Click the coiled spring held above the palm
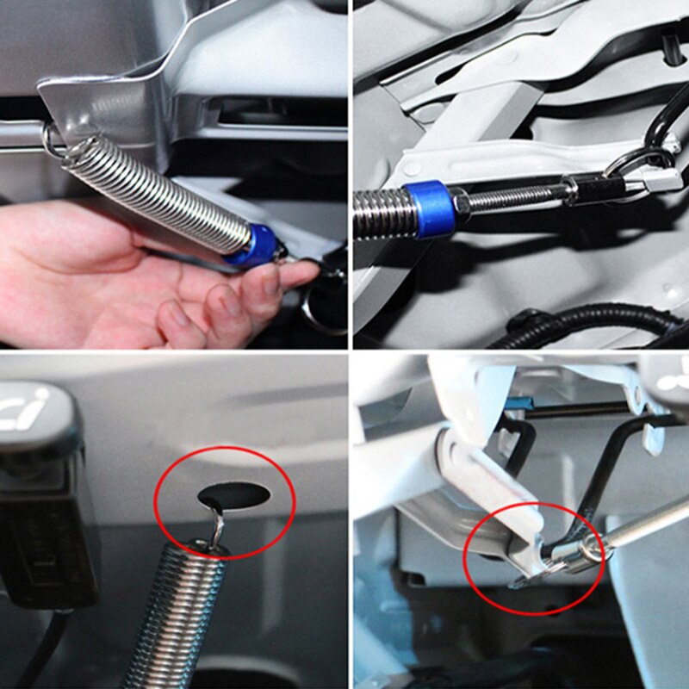tap(155, 193)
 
